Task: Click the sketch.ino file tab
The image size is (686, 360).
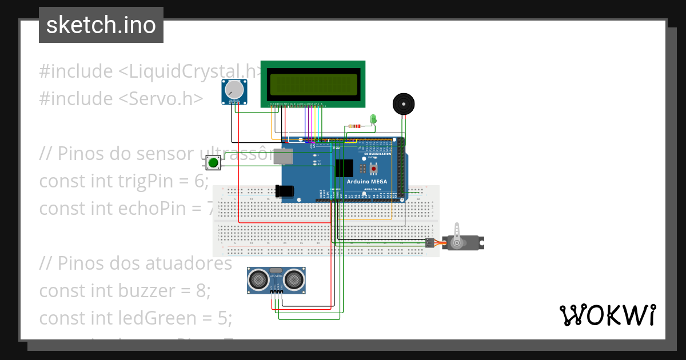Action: (101, 25)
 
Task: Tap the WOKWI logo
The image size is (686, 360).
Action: (607, 315)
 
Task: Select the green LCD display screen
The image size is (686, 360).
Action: (313, 84)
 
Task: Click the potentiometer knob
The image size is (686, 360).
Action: (234, 90)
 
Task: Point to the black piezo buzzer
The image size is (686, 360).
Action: (404, 104)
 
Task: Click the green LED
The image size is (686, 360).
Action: (373, 119)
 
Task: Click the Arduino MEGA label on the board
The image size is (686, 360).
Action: (366, 182)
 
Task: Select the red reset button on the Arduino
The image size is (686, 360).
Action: (374, 169)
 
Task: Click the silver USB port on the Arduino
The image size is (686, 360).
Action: (282, 157)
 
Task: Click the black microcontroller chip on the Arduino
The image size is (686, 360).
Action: (344, 168)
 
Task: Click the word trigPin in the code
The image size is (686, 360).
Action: (152, 181)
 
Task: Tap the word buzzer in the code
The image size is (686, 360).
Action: (148, 290)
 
